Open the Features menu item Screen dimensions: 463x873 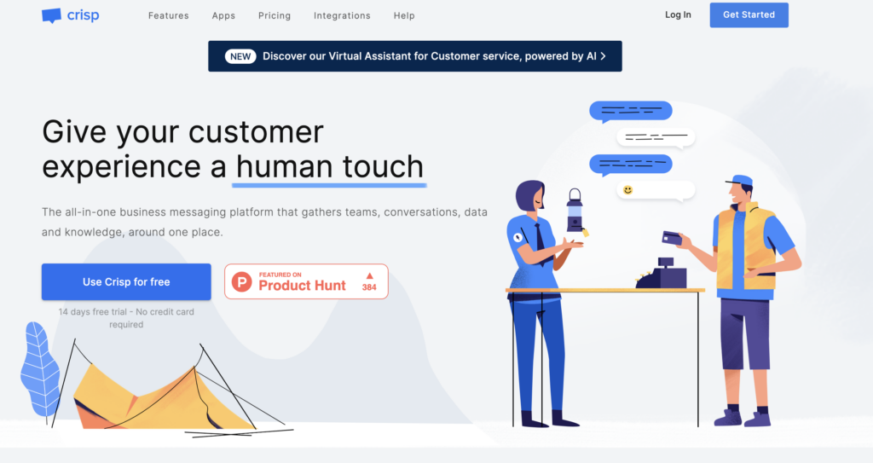click(169, 15)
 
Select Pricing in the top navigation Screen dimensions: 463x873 click(275, 15)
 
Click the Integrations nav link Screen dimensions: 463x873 click(342, 15)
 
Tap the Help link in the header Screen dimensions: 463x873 click(404, 15)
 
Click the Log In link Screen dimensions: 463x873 click(678, 14)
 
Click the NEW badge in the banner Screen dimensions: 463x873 click(240, 56)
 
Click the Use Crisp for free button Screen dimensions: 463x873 click(126, 282)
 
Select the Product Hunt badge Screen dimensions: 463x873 click(306, 281)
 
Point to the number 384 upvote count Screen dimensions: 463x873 click(369, 287)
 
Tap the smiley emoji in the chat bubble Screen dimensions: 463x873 click(627, 189)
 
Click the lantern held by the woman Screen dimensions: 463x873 click(575, 211)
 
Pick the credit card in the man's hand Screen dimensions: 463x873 click(672, 238)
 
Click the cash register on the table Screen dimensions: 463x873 click(662, 272)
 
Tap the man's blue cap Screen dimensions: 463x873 click(740, 181)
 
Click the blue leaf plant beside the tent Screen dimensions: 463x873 click(39, 368)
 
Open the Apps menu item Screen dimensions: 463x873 click(224, 15)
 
